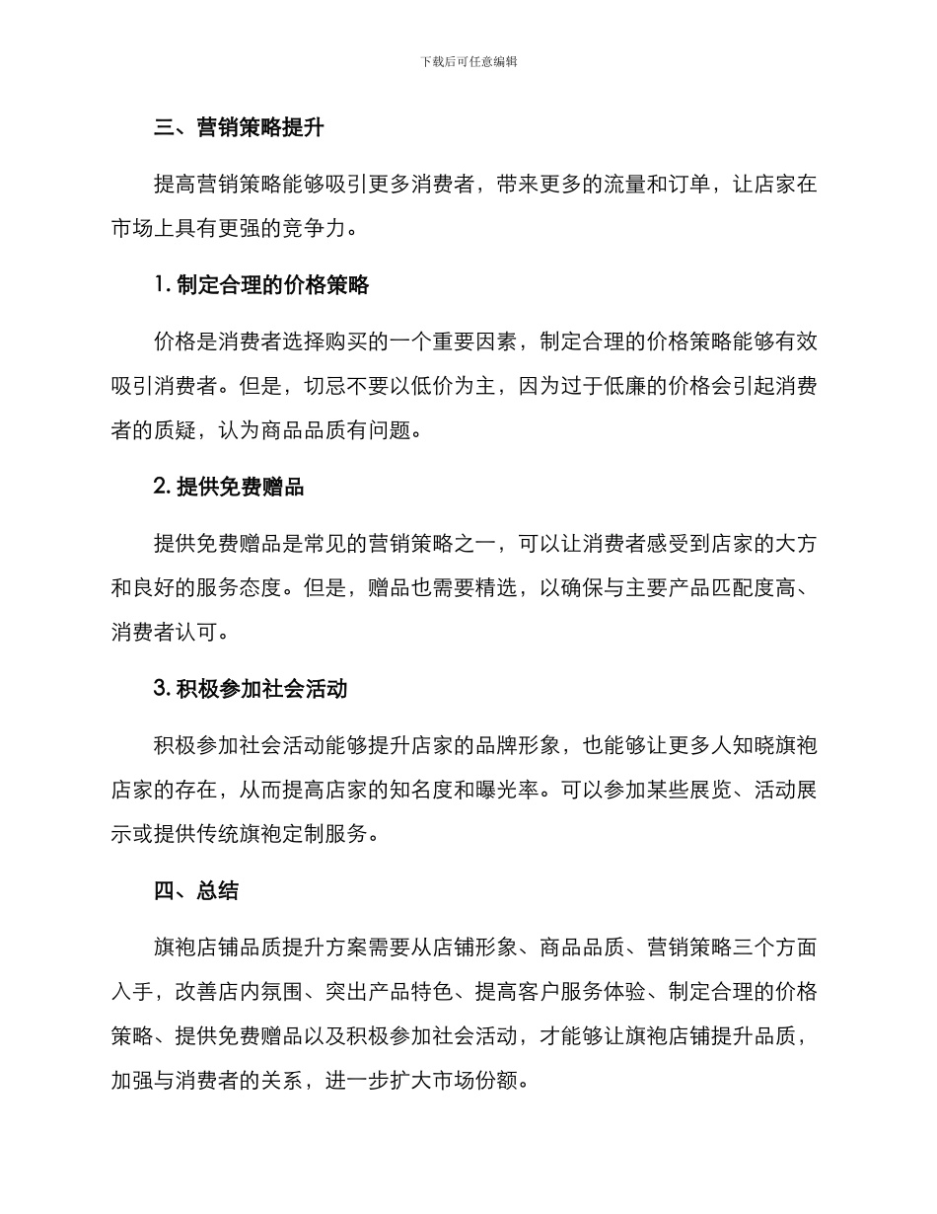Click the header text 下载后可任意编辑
pos(468,61)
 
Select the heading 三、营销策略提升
pos(239,128)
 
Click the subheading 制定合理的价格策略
pos(273,286)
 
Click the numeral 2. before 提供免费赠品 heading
pos(164,488)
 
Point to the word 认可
pos(217,633)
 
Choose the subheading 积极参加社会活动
pos(261,689)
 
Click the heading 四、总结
pos(196,890)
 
